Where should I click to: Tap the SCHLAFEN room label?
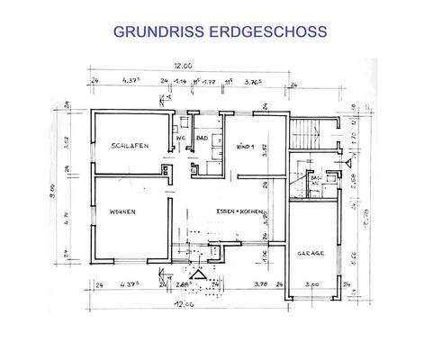pos(131,146)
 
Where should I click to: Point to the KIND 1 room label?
pos(244,146)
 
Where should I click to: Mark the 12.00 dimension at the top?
pos(184,66)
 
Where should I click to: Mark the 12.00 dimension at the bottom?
pos(184,304)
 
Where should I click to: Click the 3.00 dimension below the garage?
pos(313,285)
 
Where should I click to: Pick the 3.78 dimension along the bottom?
pos(261,285)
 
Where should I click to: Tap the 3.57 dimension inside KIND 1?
pos(265,151)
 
